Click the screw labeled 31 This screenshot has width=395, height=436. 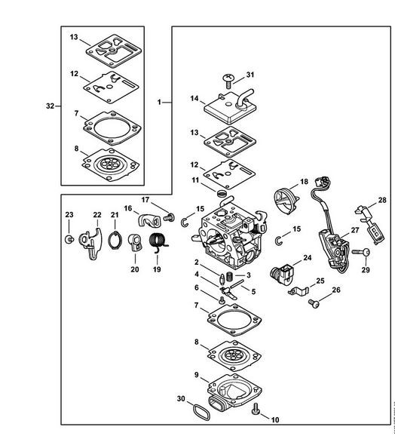point(228,81)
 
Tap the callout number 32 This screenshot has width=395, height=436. point(50,106)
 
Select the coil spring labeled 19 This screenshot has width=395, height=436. point(158,241)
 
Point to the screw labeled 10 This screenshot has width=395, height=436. point(256,410)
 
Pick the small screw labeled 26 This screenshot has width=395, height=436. point(314,303)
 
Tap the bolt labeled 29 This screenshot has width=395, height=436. point(361,253)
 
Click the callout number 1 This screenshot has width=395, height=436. point(159,103)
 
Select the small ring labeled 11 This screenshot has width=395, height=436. point(222,192)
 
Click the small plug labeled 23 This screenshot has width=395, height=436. point(69,239)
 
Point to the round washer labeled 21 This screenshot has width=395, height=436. point(115,240)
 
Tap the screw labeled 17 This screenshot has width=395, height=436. point(169,217)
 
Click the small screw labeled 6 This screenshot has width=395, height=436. point(222,300)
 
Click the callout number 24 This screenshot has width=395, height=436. point(307,258)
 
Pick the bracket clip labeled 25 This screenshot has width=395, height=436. point(299,291)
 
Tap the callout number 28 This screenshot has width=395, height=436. point(382,200)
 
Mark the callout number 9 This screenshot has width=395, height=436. point(197,375)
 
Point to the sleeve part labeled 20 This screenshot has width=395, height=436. point(135,244)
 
